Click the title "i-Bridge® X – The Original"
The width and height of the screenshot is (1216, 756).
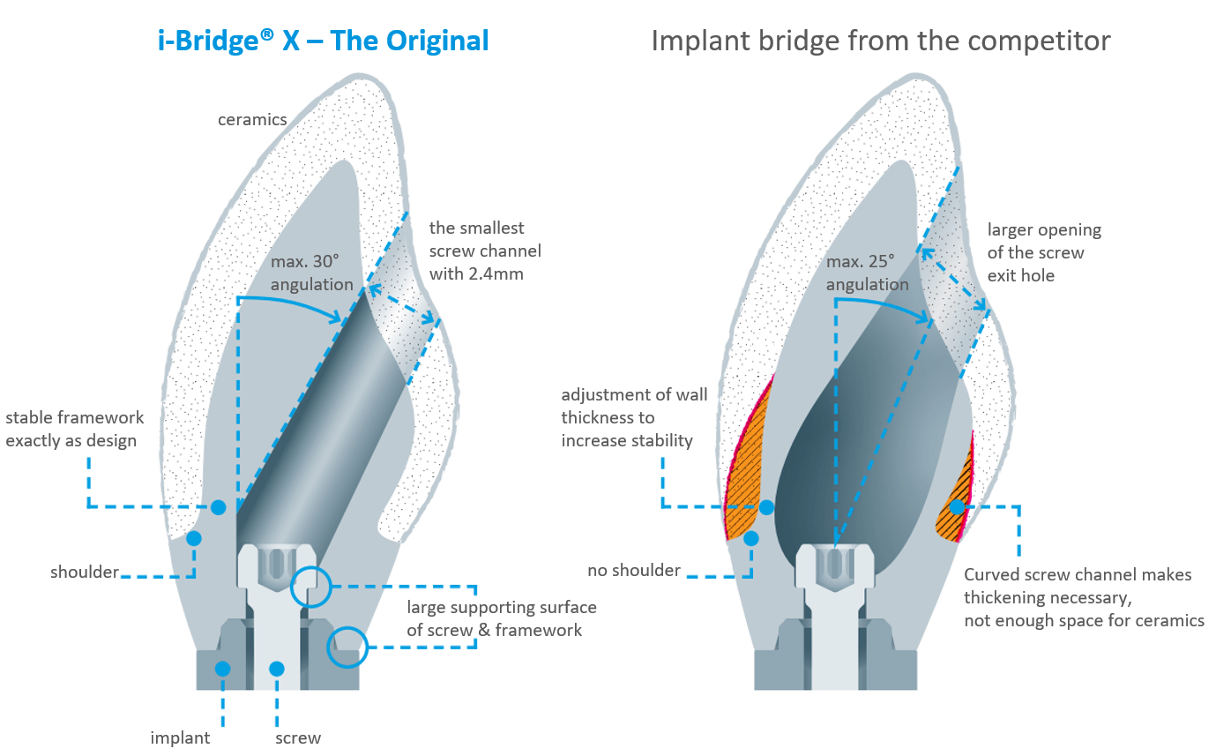[324, 41]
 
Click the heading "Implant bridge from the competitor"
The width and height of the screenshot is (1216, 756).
[880, 41]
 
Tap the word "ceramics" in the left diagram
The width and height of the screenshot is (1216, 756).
[252, 119]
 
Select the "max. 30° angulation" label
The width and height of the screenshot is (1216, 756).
[311, 273]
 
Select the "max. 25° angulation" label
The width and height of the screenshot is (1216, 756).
[868, 273]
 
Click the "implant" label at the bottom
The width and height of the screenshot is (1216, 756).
[180, 737]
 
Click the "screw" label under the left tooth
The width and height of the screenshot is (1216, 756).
[298, 737]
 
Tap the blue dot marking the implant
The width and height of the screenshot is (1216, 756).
[222, 669]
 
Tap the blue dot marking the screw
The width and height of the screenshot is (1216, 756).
[277, 669]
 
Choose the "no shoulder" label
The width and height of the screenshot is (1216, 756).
[633, 571]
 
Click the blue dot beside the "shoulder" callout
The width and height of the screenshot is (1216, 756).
[194, 538]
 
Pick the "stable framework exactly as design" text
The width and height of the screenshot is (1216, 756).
[74, 429]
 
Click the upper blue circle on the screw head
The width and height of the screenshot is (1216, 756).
[310, 585]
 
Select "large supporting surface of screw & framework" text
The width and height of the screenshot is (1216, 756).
[501, 618]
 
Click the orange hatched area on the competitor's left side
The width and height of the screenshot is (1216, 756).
[745, 459]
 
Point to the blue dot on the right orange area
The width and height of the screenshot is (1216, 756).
[957, 507]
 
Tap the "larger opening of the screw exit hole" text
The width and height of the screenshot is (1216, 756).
[1044, 253]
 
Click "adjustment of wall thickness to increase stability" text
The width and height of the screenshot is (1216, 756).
[634, 417]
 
